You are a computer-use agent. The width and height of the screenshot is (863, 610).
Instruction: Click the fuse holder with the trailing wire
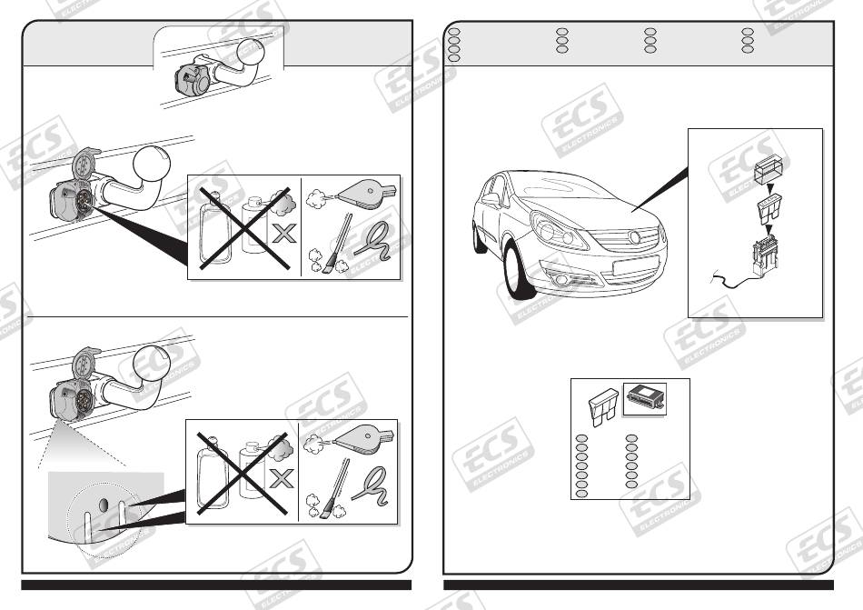tap(766, 255)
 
